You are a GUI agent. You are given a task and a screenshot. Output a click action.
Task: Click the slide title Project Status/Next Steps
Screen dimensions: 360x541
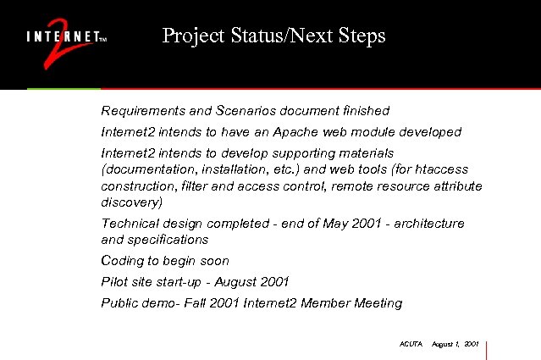pos(273,36)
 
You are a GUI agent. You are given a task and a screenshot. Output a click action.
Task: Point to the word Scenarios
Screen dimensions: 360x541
pos(243,111)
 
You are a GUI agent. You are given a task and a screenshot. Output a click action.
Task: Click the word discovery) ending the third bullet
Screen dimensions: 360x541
pos(130,202)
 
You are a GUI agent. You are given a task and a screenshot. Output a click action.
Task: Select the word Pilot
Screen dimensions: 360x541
pos(114,281)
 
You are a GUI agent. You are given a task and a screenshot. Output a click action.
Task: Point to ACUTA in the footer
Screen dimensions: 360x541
pos(410,344)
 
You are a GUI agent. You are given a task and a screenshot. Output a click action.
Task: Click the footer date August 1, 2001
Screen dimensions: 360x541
pos(455,344)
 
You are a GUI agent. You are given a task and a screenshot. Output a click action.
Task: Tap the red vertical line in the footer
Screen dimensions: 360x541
pos(488,349)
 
